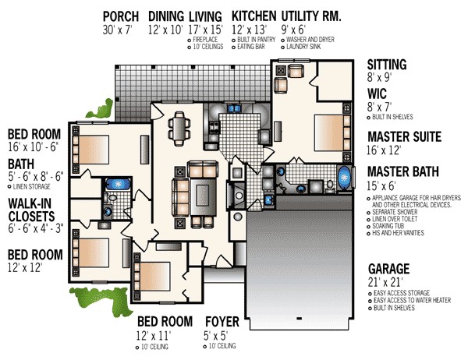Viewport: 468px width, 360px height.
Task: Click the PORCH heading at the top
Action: (121, 16)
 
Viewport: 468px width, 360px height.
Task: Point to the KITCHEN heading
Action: (253, 16)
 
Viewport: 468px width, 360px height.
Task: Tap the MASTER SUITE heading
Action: (403, 136)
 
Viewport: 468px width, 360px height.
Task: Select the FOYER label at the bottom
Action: (222, 321)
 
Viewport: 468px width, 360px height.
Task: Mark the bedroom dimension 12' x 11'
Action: (154, 335)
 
